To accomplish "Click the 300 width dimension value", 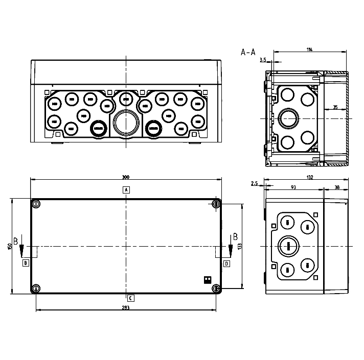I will (125, 177).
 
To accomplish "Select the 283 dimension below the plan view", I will (126, 307).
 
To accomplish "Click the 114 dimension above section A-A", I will (310, 49).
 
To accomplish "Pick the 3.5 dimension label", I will (263, 60).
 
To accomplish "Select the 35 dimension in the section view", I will (335, 107).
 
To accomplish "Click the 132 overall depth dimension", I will (309, 177).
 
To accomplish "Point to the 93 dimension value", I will (293, 187).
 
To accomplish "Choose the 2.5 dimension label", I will (254, 183).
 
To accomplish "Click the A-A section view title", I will (248, 52).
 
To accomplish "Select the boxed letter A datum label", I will (126, 190).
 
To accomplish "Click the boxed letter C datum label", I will (131, 297).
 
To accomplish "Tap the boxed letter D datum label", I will (226, 263).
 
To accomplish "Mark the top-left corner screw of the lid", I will (36, 204).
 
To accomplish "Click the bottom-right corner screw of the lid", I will (216, 289).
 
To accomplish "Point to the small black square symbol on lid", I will (208, 279).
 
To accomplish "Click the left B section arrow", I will (21, 250).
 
